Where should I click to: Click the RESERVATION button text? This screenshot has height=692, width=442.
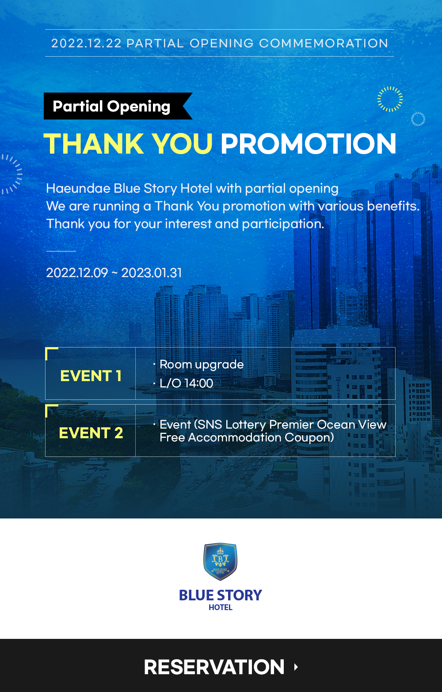click(214, 667)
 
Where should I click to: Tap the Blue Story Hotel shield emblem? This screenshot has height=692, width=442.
click(220, 561)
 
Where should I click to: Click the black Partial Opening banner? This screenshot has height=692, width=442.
click(118, 106)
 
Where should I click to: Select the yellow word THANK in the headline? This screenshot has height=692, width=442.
click(94, 143)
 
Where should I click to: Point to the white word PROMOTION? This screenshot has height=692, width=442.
click(308, 143)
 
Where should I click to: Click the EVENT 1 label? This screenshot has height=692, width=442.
click(91, 375)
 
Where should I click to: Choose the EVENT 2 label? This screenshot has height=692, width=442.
click(91, 433)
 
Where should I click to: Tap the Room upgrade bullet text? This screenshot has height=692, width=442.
click(202, 365)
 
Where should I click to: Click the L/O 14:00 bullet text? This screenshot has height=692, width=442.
click(186, 383)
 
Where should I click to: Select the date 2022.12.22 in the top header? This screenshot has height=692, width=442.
click(86, 43)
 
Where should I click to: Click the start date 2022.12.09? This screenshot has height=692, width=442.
click(77, 273)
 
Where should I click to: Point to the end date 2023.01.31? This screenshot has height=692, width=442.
click(152, 273)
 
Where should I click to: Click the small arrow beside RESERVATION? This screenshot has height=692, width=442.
click(296, 667)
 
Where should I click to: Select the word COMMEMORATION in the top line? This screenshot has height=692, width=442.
click(323, 43)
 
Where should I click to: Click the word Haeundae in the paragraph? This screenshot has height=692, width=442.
click(78, 188)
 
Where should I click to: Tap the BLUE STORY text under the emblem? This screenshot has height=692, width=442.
click(220, 595)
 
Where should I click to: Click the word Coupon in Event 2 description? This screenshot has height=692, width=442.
click(309, 438)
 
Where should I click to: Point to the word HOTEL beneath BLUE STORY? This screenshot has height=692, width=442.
click(220, 607)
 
